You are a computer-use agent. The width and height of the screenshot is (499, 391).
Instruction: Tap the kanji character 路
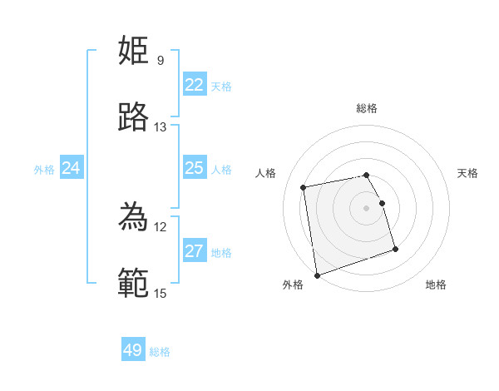pyautogui.click(x=134, y=117)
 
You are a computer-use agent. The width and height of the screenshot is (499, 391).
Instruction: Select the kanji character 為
pyautogui.click(x=134, y=217)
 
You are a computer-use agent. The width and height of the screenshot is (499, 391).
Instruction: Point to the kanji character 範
pyautogui.click(x=134, y=284)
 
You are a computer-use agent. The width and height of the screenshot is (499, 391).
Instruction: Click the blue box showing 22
pyautogui.click(x=195, y=85)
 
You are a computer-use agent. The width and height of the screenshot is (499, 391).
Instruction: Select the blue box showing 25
pyautogui.click(x=195, y=168)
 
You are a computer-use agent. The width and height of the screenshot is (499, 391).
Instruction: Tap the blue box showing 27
pyautogui.click(x=195, y=251)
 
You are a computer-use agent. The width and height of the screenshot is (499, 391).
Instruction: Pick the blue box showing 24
pyautogui.click(x=72, y=168)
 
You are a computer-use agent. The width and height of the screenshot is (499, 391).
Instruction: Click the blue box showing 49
pyautogui.click(x=133, y=350)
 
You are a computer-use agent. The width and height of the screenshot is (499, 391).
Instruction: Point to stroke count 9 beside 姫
pyautogui.click(x=161, y=60)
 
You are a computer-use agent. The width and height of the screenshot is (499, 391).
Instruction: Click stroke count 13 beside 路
pyautogui.click(x=161, y=127)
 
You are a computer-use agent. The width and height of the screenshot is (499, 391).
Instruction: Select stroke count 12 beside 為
pyautogui.click(x=161, y=226)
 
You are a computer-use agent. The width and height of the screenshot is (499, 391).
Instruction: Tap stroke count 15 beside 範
pyautogui.click(x=161, y=293)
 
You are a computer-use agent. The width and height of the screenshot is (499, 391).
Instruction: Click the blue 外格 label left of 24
pyautogui.click(x=44, y=169)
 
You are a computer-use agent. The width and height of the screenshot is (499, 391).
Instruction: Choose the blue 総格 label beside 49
pyautogui.click(x=160, y=352)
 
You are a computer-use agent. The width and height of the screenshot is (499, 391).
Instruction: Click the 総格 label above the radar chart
pyautogui.click(x=367, y=108)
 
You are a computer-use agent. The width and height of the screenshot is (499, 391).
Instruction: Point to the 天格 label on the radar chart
pyautogui.click(x=467, y=173)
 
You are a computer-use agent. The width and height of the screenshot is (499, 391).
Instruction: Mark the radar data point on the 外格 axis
pyautogui.click(x=317, y=275)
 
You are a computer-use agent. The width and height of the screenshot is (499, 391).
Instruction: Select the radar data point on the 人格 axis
pyautogui.click(x=304, y=186)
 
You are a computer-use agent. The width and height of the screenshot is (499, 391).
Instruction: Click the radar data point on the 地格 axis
pyautogui.click(x=395, y=249)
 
